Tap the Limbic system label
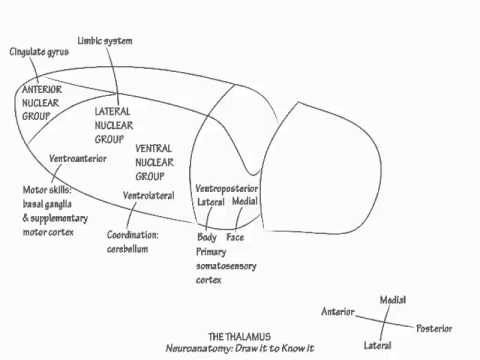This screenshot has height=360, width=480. point(105,40)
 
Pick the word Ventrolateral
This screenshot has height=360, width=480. point(149,194)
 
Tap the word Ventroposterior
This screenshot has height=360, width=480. point(226,188)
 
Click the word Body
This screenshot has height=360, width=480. point(207,237)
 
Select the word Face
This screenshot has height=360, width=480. point(236,237)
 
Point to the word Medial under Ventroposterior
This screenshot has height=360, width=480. point(245,201)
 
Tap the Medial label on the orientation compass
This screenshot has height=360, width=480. point(391,299)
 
